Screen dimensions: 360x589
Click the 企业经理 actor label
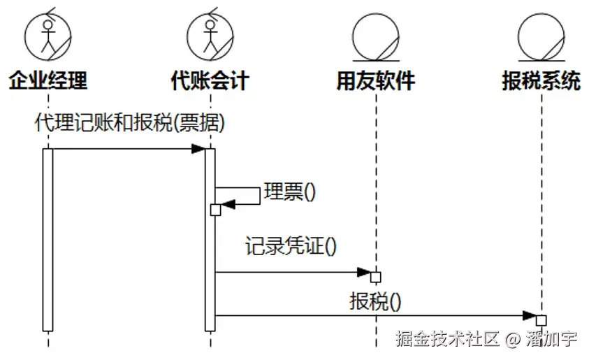click(48, 81)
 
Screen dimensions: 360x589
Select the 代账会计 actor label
click(210, 81)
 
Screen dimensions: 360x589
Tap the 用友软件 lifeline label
click(376, 81)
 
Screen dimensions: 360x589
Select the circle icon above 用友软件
click(376, 36)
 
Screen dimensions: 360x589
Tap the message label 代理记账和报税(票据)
click(130, 123)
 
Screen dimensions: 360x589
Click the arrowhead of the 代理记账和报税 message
click(198, 148)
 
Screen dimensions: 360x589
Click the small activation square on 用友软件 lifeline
click(376, 277)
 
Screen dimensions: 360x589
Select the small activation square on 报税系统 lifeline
click(541, 321)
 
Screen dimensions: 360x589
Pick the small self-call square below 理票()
click(215, 210)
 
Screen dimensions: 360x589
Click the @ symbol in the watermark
click(513, 340)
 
